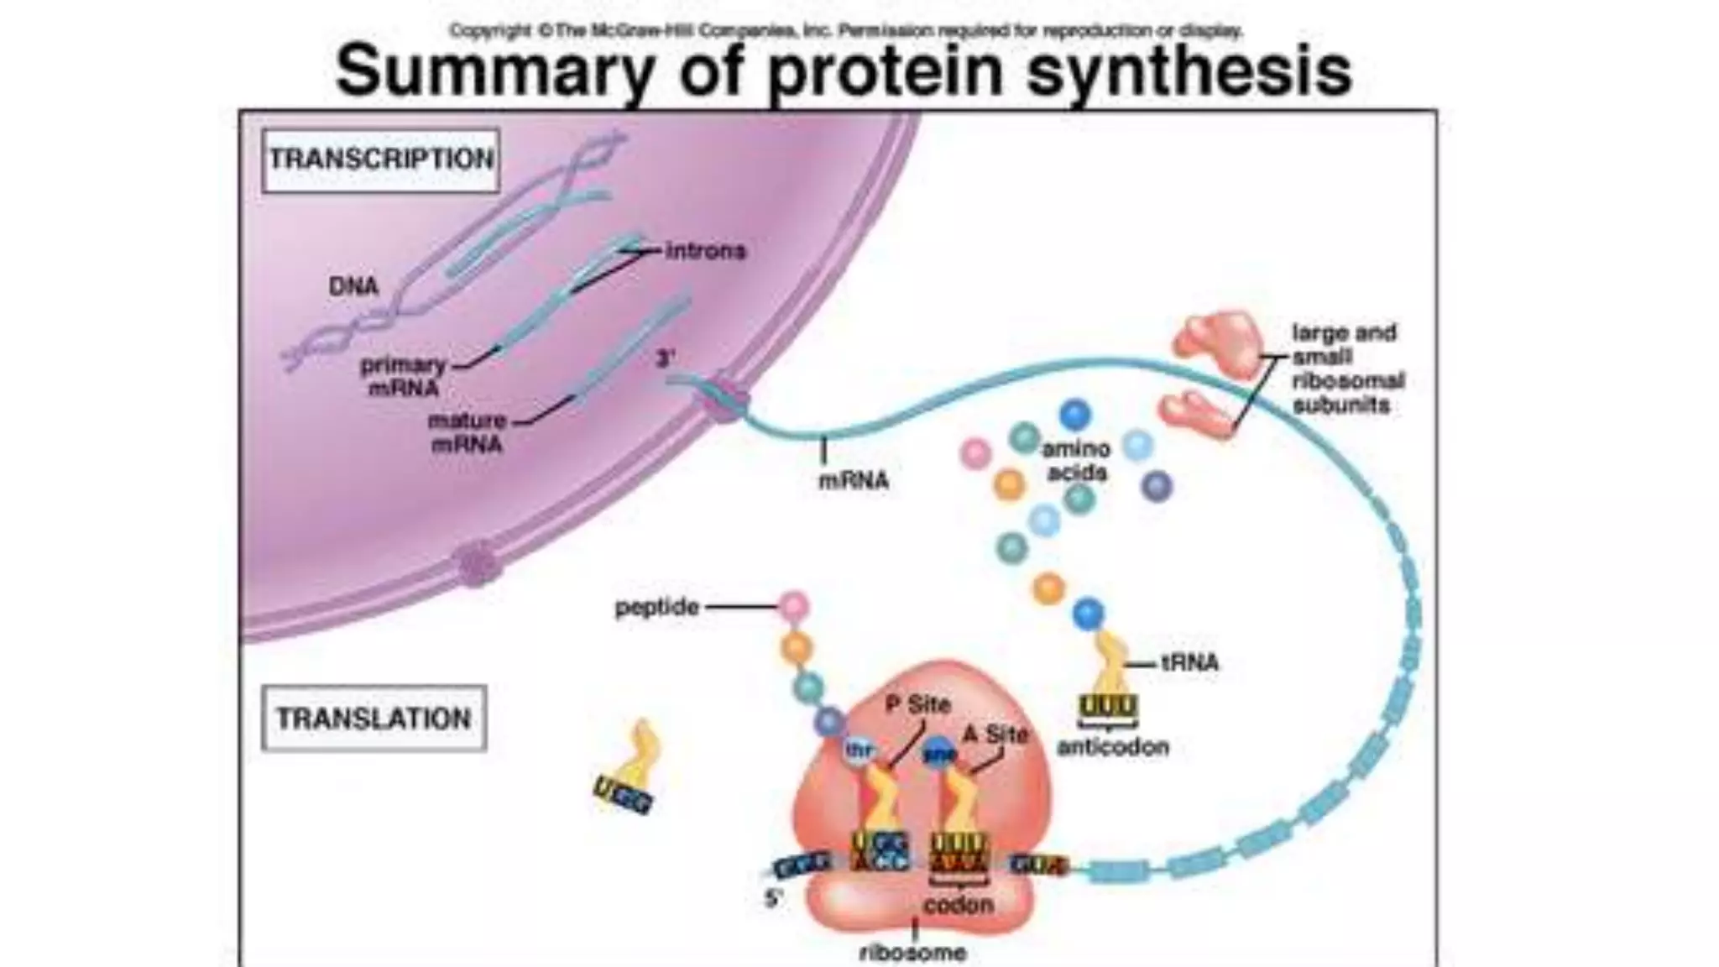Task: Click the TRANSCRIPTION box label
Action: click(380, 159)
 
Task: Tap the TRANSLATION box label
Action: click(374, 719)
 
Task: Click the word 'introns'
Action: click(705, 251)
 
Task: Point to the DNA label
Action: click(353, 286)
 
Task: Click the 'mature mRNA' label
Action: click(467, 432)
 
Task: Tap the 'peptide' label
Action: click(656, 607)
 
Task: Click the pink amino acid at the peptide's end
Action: click(793, 605)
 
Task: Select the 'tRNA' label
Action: click(1189, 663)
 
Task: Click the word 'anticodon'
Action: click(1112, 747)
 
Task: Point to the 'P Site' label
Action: click(918, 705)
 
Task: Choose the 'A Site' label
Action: click(995, 734)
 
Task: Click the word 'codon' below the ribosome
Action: click(959, 905)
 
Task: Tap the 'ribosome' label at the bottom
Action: click(913, 953)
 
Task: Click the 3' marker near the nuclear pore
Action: click(665, 359)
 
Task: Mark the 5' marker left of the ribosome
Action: click(773, 898)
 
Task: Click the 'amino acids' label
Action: click(1076, 461)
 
